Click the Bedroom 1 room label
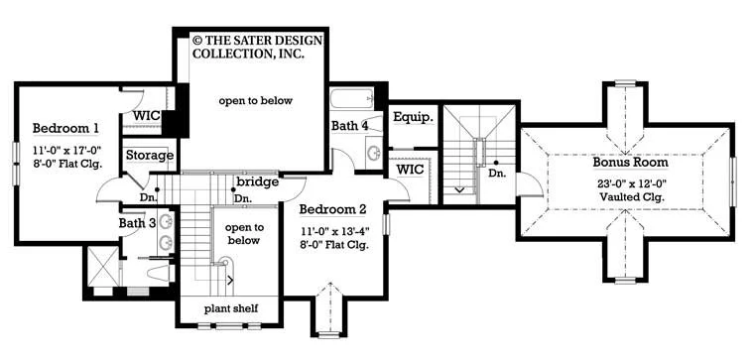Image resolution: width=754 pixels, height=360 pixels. click(65, 128)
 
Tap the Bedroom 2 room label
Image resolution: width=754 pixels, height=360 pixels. click(332, 209)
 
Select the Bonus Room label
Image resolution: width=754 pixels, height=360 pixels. click(630, 163)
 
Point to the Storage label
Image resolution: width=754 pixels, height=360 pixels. click(150, 156)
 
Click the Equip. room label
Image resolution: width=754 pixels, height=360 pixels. click(413, 117)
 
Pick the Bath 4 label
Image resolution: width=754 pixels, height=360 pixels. click(349, 126)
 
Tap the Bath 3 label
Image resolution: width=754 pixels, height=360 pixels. click(138, 223)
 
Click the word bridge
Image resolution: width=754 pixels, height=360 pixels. click(257, 182)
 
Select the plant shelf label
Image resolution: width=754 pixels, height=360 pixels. click(231, 308)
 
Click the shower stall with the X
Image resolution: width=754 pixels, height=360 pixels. click(103, 267)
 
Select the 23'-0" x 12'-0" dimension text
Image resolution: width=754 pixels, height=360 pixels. click(630, 183)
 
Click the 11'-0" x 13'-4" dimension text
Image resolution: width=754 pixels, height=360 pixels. click(334, 231)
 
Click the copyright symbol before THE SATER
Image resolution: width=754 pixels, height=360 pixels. click(196, 40)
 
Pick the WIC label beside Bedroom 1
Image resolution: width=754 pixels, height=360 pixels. click(146, 116)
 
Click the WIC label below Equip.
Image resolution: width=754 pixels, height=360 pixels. click(410, 170)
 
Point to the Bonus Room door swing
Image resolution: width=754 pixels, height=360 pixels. click(532, 185)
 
